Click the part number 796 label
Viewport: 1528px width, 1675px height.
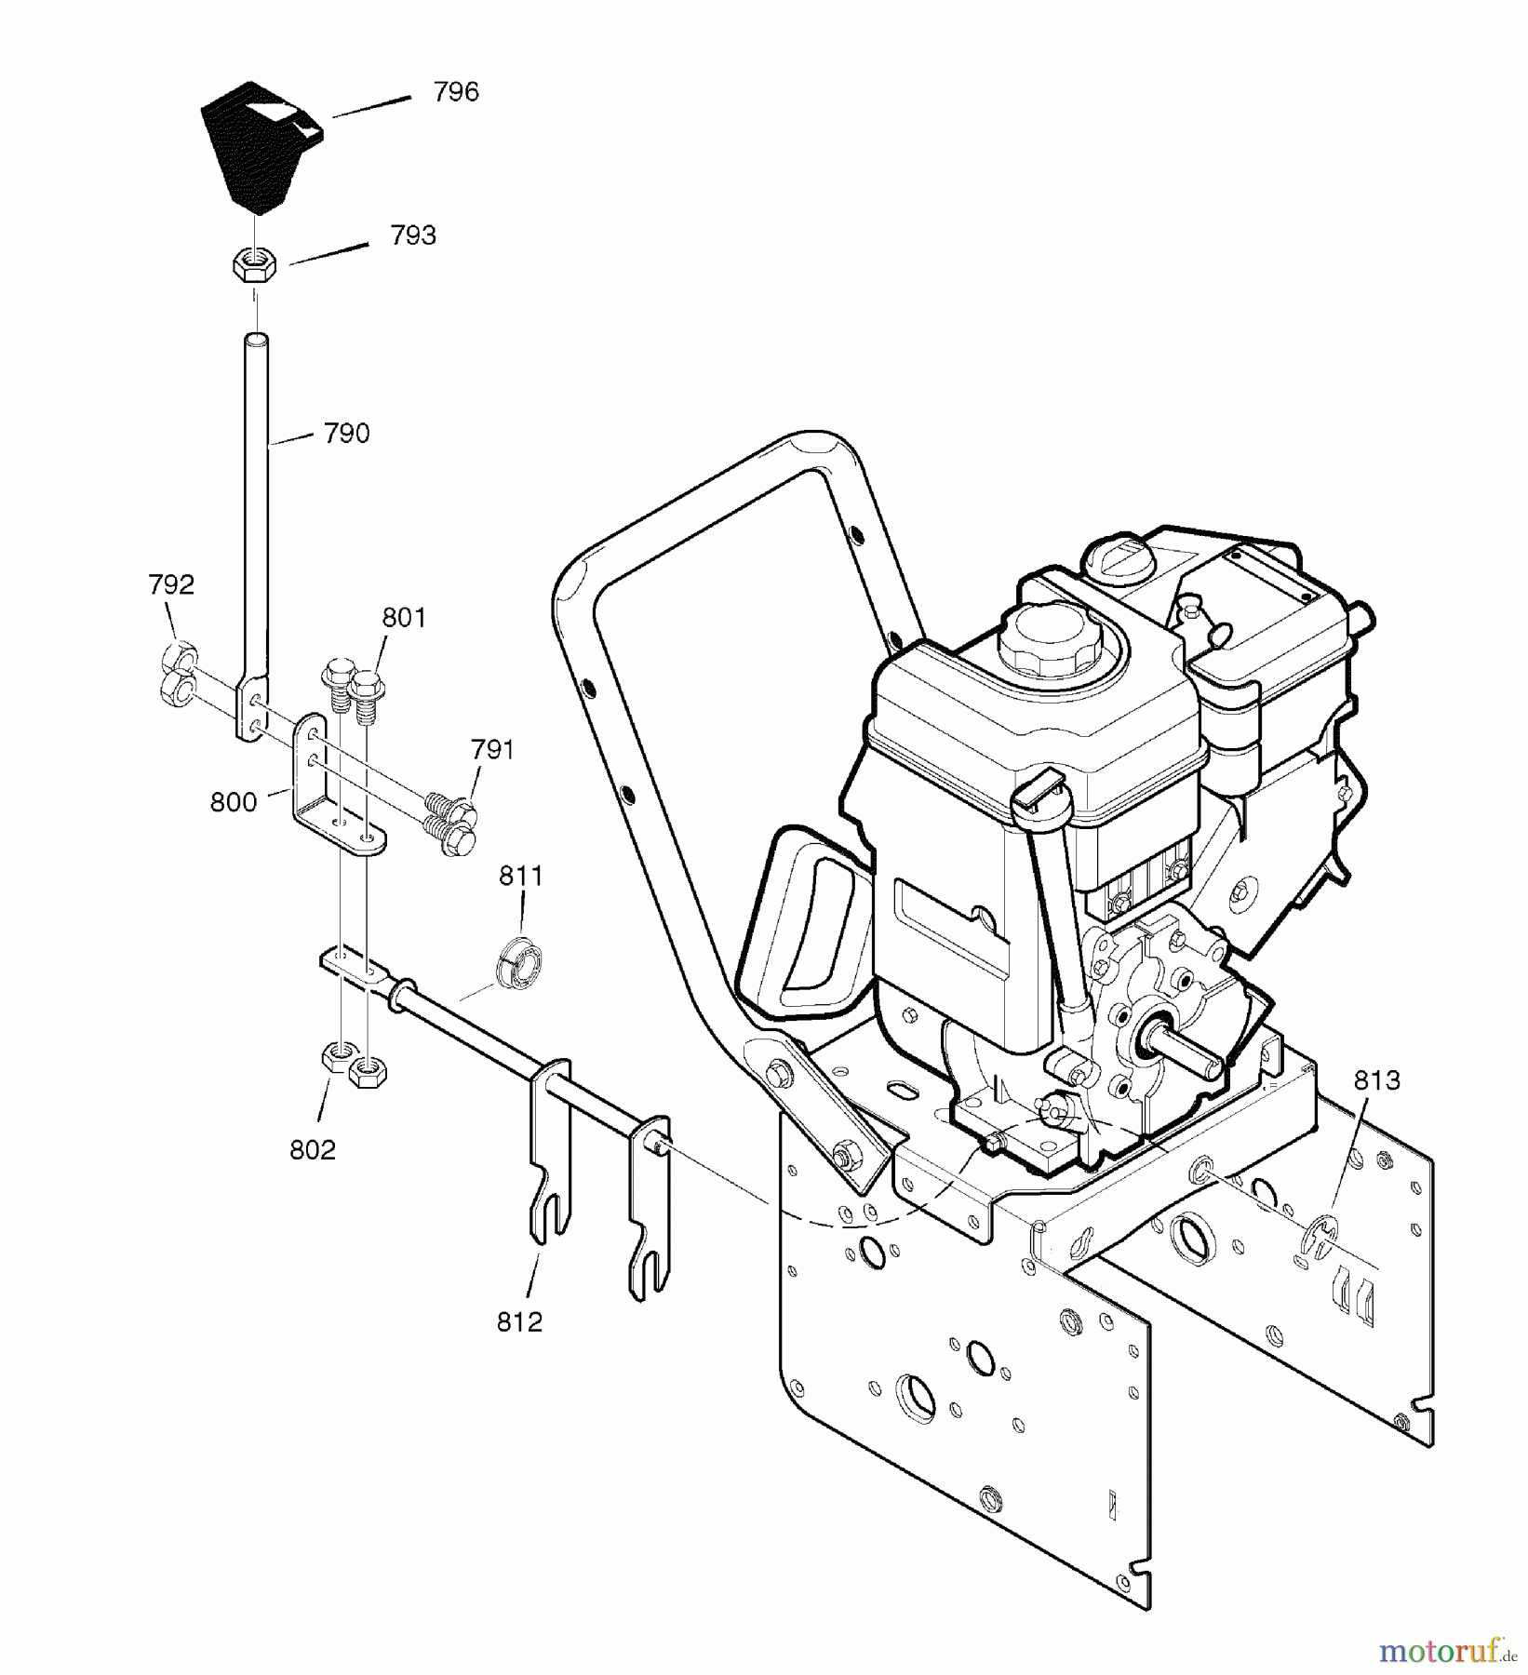tap(456, 92)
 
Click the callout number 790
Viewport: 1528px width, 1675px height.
tap(346, 434)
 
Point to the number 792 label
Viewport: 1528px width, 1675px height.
tap(171, 584)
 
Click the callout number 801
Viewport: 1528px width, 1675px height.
tap(404, 618)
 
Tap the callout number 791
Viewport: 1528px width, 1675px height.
tap(492, 749)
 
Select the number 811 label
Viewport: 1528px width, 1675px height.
tap(520, 876)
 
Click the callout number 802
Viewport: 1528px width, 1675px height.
tap(312, 1150)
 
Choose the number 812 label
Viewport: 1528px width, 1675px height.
tap(519, 1322)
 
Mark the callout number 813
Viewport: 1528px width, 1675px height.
tap(1376, 1080)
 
